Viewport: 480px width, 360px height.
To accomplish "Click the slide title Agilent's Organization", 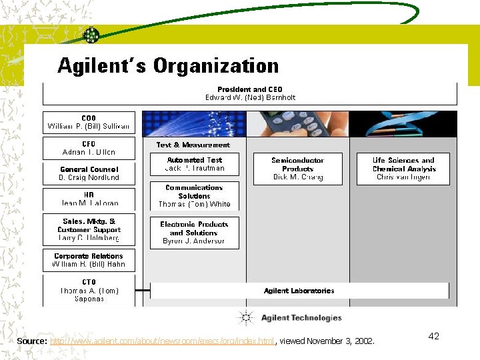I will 168,66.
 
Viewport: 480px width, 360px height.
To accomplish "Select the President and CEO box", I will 250,93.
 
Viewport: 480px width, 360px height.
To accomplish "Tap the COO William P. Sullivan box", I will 89,122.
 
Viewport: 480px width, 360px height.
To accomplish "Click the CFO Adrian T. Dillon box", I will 89,148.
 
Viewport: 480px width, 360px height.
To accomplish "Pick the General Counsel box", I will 89,173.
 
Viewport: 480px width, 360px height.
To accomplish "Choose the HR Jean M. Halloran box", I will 89,199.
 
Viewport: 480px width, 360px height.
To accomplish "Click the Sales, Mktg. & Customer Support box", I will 89,229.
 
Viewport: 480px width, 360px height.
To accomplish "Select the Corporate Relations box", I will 89,260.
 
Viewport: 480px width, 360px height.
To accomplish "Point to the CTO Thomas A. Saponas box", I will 89,291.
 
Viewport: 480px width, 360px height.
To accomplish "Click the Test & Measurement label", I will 193,145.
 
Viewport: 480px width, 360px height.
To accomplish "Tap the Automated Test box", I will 195,164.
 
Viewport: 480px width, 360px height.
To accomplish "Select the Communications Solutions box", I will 195,196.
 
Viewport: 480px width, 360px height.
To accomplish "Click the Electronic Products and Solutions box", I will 195,233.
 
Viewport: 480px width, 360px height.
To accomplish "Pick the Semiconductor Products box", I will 297,169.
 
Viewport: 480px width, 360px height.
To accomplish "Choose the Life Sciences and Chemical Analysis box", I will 403,169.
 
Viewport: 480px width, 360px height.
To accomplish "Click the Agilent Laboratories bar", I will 299,291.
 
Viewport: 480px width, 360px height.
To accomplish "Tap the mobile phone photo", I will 297,124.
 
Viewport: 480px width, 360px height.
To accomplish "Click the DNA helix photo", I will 403,124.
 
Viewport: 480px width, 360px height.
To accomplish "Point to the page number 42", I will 433,336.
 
